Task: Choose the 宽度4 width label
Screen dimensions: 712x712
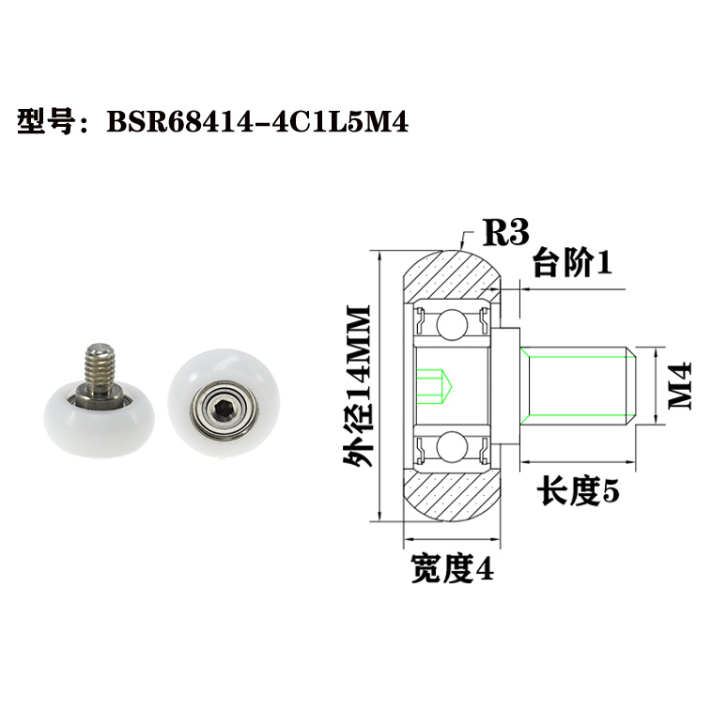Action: click(451, 568)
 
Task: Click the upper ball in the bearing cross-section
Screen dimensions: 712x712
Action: click(449, 324)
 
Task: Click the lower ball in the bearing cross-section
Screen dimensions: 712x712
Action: click(449, 444)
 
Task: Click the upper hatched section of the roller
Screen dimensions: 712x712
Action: click(454, 273)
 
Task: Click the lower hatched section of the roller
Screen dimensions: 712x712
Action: click(454, 495)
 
